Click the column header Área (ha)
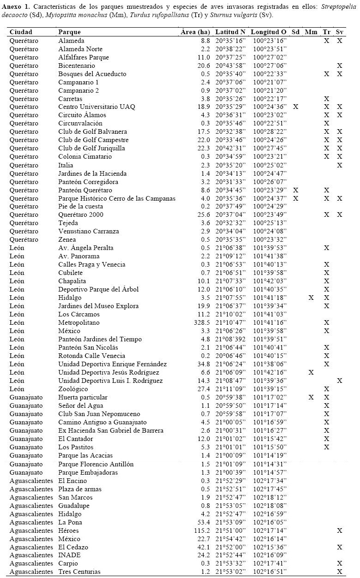197,32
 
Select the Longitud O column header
269,32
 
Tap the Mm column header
311,32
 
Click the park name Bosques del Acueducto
92,74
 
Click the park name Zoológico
73,389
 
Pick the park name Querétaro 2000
80,215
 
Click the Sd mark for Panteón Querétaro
295,190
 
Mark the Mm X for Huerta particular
311,397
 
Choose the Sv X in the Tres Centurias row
340,572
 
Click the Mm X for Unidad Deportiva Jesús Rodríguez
311,372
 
